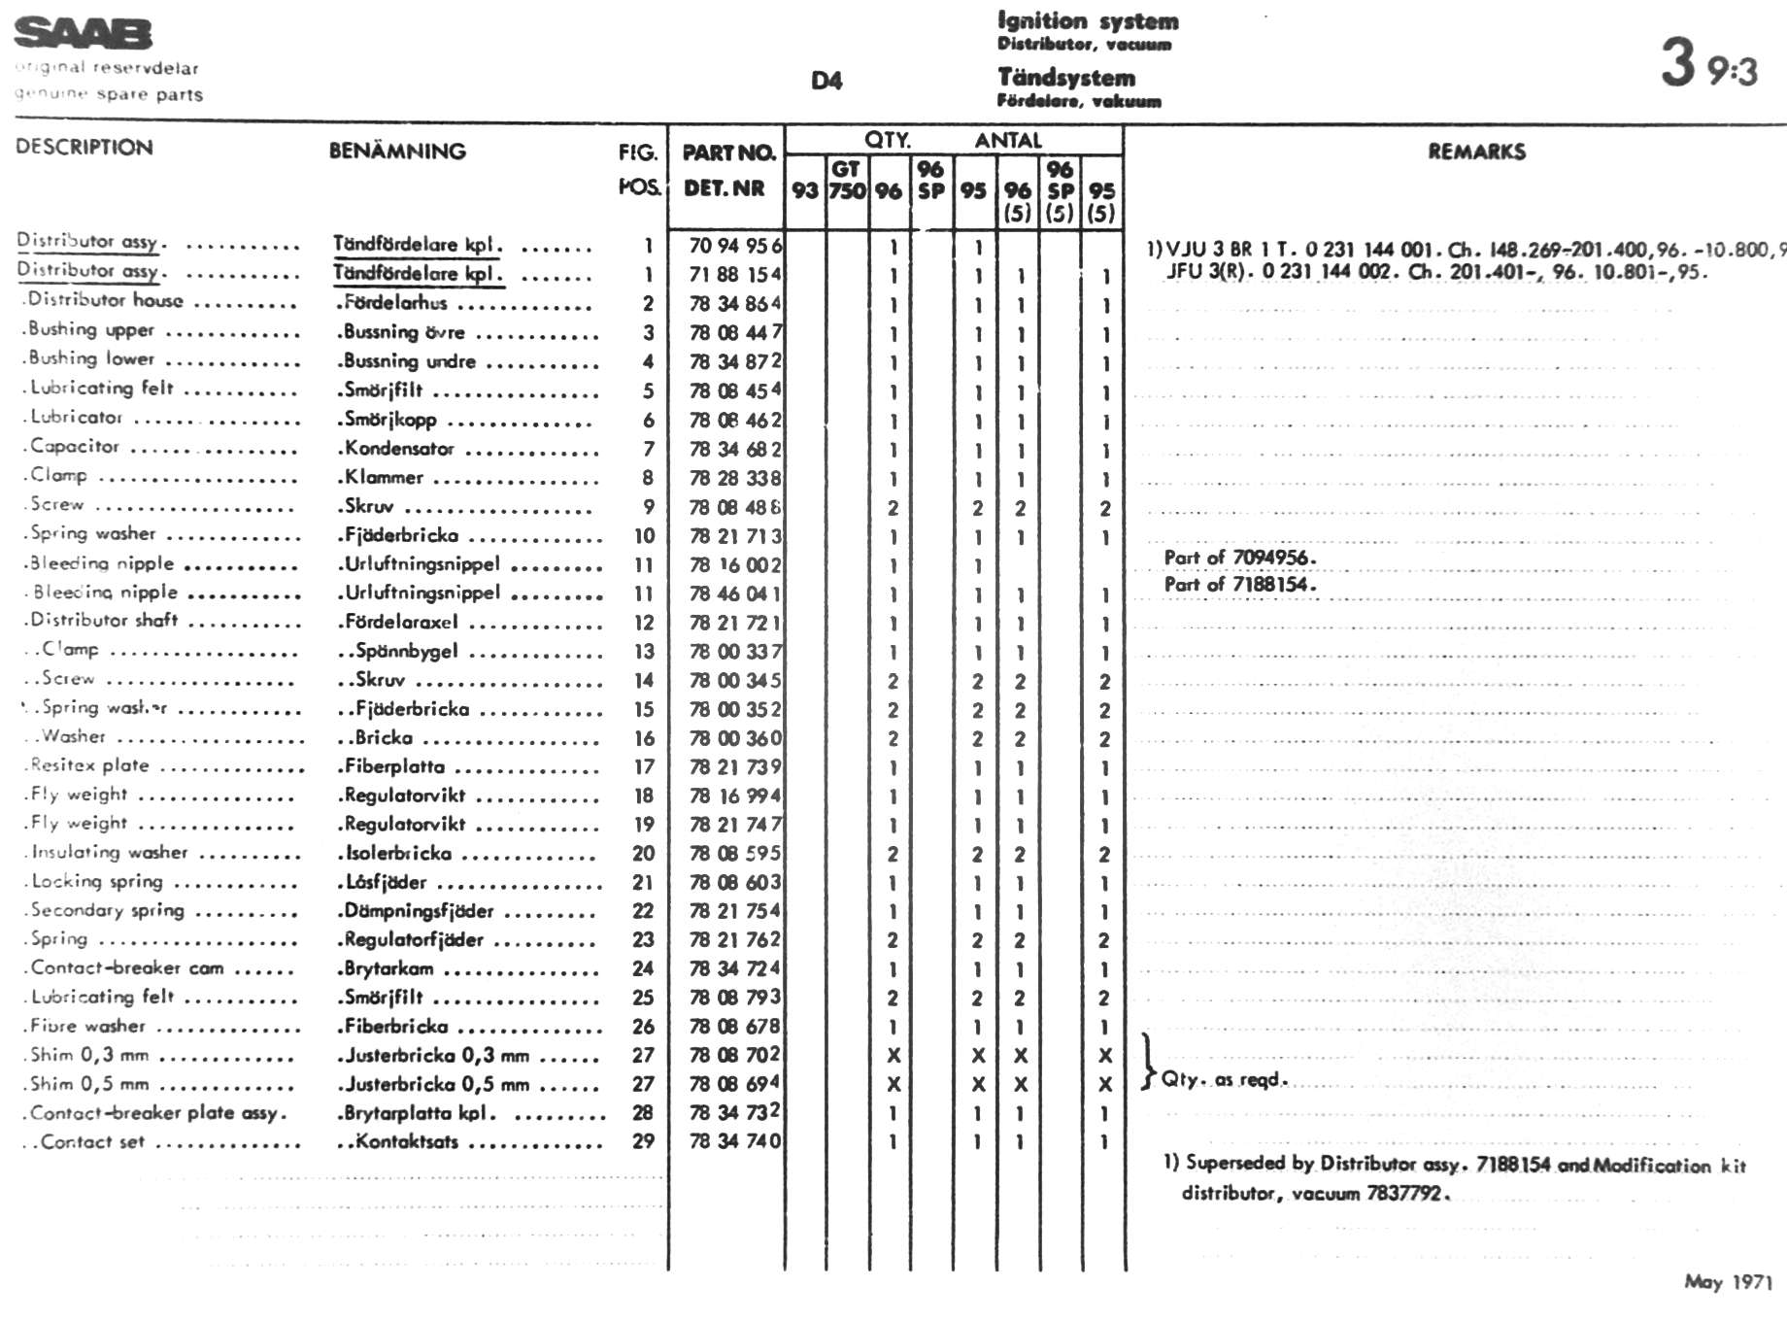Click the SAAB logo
84,34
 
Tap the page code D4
826,81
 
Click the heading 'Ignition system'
1088,21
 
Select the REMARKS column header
1476,152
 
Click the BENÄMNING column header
397,152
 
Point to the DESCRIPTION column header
84,148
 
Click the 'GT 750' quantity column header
847,181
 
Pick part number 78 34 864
734,304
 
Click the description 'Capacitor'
75,447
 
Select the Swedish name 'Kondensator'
399,449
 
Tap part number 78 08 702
734,1055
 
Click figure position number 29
643,1141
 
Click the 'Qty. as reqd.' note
1224,1079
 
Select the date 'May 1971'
1729,1282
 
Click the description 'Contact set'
92,1142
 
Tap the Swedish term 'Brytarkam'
388,968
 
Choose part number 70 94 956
734,246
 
